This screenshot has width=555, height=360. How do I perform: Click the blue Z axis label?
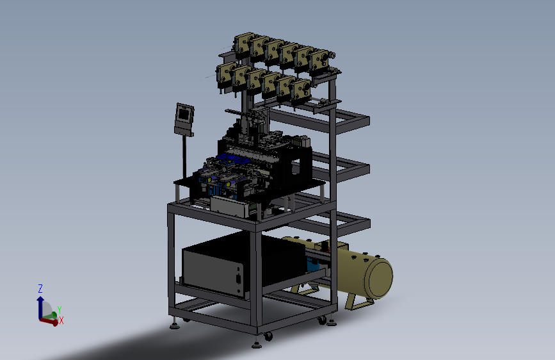click(x=40, y=288)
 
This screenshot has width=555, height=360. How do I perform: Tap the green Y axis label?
click(x=59, y=310)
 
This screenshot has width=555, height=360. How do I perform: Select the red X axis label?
click(x=61, y=320)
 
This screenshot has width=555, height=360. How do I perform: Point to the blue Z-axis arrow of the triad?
click(x=40, y=307)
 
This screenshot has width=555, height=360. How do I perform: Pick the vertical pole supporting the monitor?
click(x=184, y=157)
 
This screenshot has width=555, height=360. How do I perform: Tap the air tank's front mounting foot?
click(x=358, y=302)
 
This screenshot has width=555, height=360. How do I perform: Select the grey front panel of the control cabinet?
click(x=213, y=271)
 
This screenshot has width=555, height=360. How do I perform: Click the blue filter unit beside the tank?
click(x=313, y=265)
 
